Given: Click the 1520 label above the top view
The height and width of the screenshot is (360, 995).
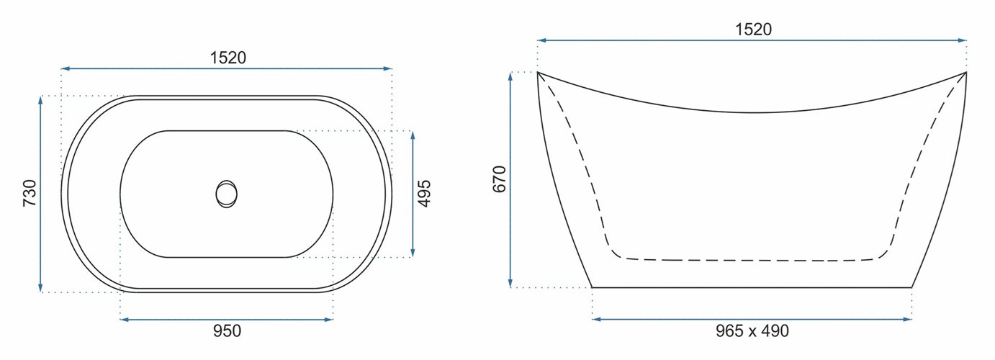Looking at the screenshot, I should pyautogui.click(x=228, y=58).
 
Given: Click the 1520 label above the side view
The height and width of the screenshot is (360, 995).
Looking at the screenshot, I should pyautogui.click(x=753, y=30).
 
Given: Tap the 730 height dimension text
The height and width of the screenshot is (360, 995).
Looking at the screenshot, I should pyautogui.click(x=30, y=194).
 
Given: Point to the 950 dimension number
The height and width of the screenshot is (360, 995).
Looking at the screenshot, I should pyautogui.click(x=226, y=331).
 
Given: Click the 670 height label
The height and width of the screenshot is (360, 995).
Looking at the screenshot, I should pyautogui.click(x=500, y=179).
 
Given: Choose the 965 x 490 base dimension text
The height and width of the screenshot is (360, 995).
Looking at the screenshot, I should pyautogui.click(x=752, y=331).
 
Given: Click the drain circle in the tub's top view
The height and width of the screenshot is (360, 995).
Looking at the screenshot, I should pyautogui.click(x=226, y=194).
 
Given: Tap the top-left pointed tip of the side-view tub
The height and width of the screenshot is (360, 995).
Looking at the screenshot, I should pyautogui.click(x=538, y=72).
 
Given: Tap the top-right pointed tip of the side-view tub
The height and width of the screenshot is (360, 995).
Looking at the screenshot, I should pyautogui.click(x=965, y=72).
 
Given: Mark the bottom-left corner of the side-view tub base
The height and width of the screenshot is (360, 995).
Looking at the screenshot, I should pyautogui.click(x=592, y=287).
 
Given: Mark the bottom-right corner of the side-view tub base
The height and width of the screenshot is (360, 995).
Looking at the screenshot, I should pyautogui.click(x=911, y=287).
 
